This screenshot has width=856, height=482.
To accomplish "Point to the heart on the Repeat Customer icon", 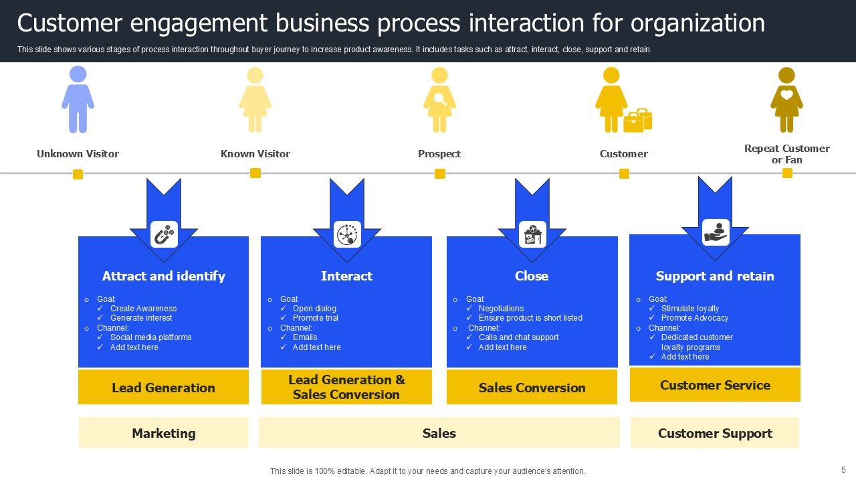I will [x=786, y=95].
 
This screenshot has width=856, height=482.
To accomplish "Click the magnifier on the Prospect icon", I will [x=439, y=98].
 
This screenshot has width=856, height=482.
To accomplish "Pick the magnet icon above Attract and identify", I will [x=164, y=234].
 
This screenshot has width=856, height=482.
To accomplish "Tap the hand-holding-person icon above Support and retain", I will [x=716, y=232].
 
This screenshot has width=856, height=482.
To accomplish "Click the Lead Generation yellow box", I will [x=163, y=388].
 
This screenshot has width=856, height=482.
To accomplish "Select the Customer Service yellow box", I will [x=715, y=385].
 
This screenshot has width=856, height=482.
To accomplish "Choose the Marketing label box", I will [x=163, y=433].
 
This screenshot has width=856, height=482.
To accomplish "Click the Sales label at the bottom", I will [x=439, y=433].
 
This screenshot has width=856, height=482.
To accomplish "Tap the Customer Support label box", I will [x=715, y=433].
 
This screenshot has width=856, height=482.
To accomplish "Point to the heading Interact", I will [x=346, y=276].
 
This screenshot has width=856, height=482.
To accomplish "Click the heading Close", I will [x=532, y=276].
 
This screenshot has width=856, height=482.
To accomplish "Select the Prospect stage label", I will [x=439, y=154].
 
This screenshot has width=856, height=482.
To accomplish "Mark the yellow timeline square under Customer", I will [x=624, y=173].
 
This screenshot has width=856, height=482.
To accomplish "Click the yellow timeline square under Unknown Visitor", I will [x=78, y=174].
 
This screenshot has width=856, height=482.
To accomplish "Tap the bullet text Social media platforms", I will [x=150, y=337].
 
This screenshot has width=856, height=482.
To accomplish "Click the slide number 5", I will [x=843, y=470].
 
